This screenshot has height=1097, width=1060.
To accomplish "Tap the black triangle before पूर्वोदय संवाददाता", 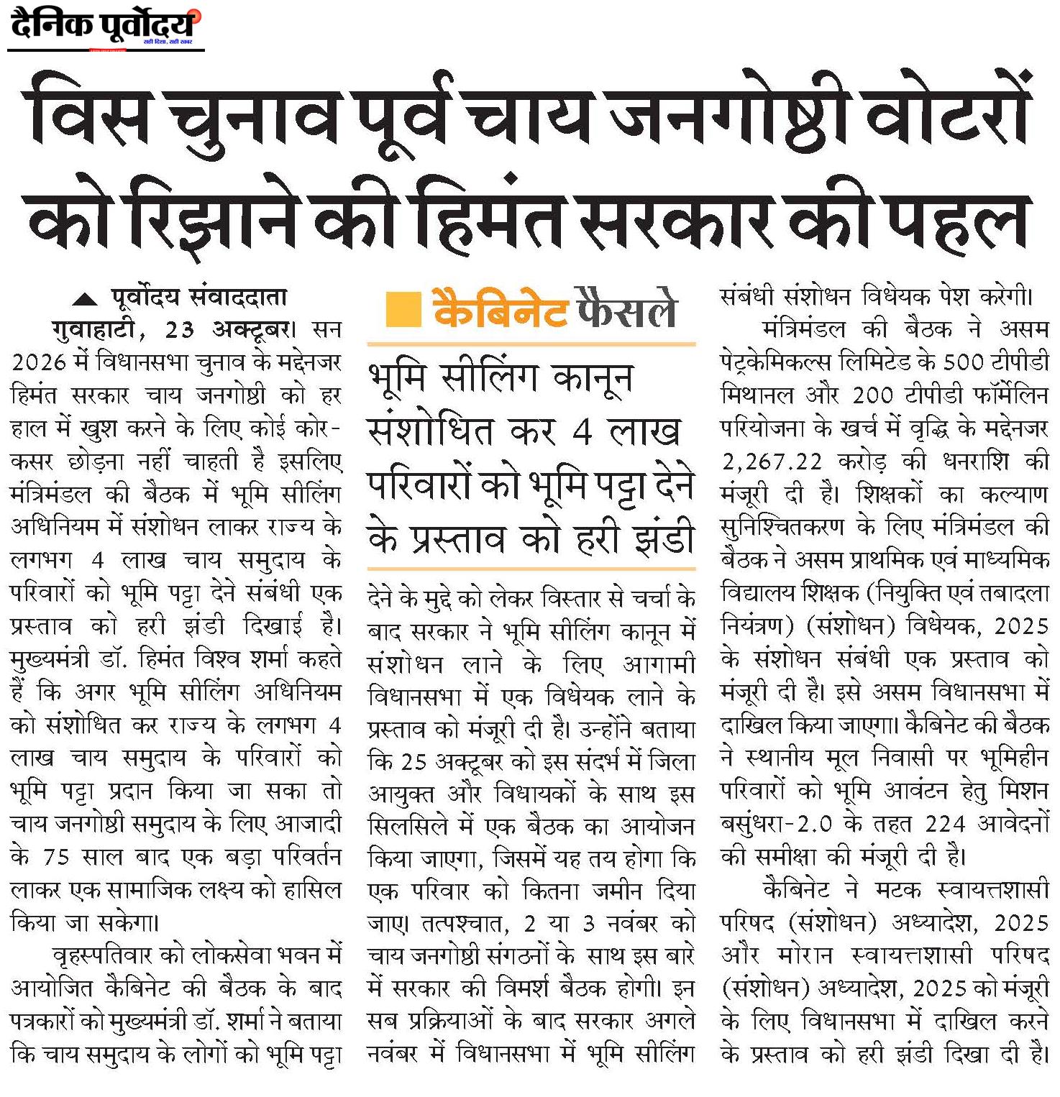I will (x=86, y=299).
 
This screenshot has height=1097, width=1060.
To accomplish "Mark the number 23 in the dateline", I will (x=180, y=330).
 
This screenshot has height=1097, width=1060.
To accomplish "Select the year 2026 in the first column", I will (x=40, y=362).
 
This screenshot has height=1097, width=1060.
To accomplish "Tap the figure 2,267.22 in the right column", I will (x=772, y=462).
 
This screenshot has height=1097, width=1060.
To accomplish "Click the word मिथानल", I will (x=756, y=395).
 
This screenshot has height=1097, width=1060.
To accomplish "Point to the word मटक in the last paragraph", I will (x=898, y=891).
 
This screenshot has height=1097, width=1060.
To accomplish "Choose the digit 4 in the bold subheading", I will (x=582, y=432).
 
